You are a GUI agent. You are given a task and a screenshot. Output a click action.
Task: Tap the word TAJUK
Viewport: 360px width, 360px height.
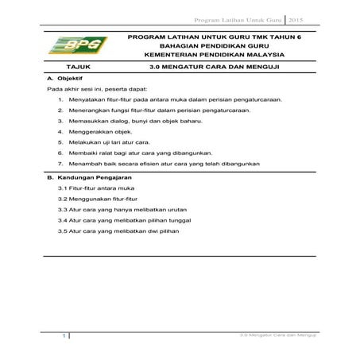click(79, 68)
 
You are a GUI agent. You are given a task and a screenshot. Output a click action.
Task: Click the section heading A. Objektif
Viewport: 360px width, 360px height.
click(66, 80)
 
